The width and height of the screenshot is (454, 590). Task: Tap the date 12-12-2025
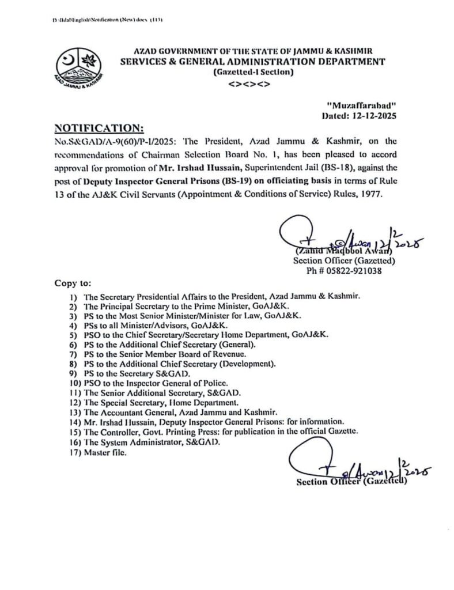(x=377, y=115)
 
